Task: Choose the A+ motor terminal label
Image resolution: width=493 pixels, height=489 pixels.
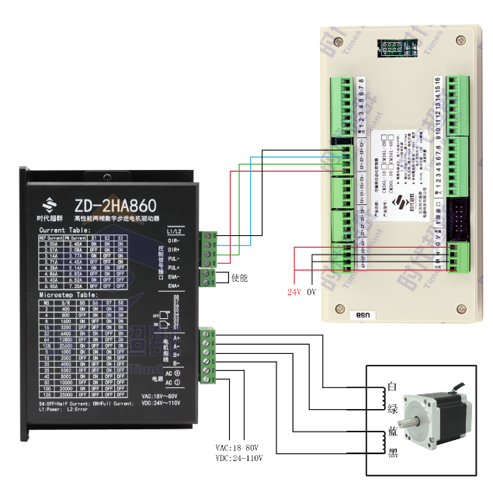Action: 178,338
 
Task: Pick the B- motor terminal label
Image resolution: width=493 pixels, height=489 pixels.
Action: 178,363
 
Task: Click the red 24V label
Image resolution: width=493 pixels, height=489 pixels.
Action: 294,292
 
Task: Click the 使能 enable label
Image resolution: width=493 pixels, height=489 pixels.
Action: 238,277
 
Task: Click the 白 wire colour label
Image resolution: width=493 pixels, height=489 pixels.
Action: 392,386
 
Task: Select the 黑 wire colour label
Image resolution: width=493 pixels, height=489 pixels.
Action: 392,454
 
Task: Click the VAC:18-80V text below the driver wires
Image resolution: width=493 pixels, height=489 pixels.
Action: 239,448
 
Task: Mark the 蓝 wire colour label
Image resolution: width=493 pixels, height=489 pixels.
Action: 392,432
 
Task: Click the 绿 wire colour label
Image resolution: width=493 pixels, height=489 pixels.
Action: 392,407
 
